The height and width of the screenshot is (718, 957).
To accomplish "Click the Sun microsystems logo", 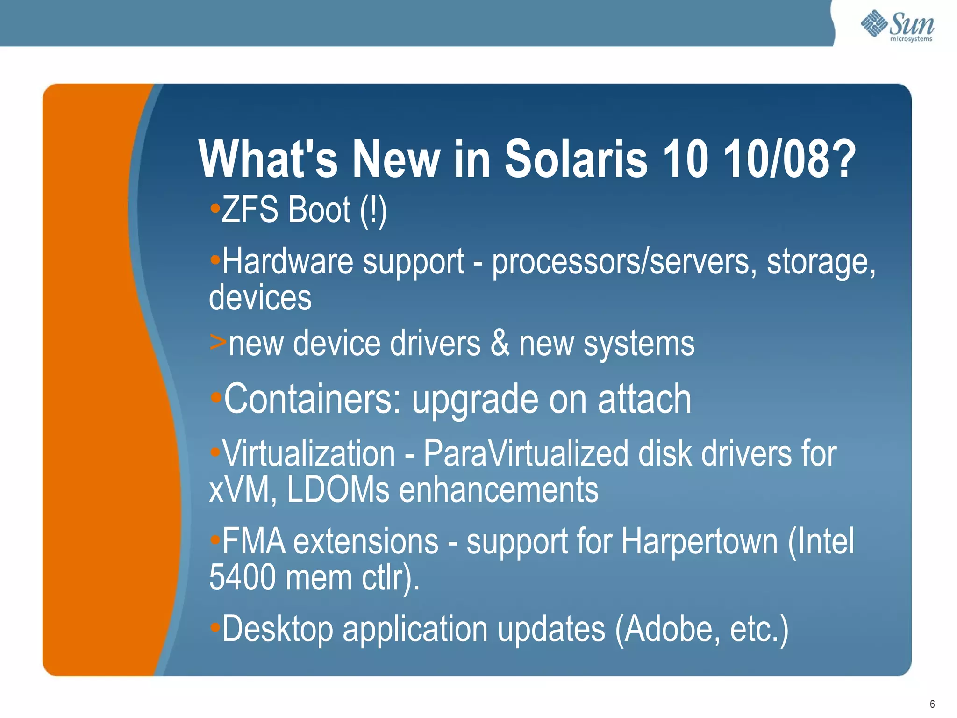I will tap(897, 26).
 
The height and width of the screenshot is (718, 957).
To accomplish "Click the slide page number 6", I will tap(932, 704).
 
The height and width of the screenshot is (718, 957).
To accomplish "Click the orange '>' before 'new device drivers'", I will tap(218, 342).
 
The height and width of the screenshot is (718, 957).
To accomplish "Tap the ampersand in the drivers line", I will tap(500, 343).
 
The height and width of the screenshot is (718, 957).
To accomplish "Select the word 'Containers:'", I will tap(312, 399).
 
